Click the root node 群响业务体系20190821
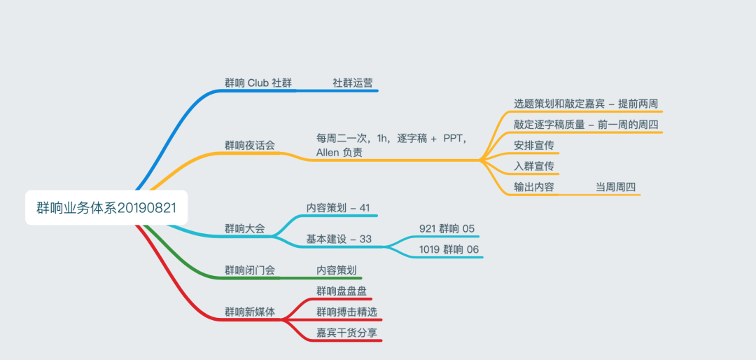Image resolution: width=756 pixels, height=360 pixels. click(106, 208)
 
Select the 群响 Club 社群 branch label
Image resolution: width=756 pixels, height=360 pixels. click(258, 83)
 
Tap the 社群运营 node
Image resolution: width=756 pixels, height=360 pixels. click(352, 83)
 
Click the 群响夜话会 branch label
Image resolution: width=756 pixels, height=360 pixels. click(250, 145)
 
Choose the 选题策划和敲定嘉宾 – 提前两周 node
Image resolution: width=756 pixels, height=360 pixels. click(586, 103)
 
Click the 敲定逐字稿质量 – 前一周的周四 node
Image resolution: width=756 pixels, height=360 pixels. click(586, 124)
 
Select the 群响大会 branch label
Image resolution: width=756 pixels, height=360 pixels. click(244, 229)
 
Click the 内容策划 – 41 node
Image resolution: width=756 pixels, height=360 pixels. click(338, 208)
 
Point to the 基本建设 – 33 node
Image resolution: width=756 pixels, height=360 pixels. click(339, 239)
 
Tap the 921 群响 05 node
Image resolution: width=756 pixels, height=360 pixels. click(447, 229)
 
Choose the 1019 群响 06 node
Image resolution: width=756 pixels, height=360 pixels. click(449, 249)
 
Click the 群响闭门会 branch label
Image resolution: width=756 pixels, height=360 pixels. click(250, 270)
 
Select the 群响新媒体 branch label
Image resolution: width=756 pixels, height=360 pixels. click(250, 312)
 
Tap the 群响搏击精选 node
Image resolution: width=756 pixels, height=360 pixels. click(346, 312)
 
